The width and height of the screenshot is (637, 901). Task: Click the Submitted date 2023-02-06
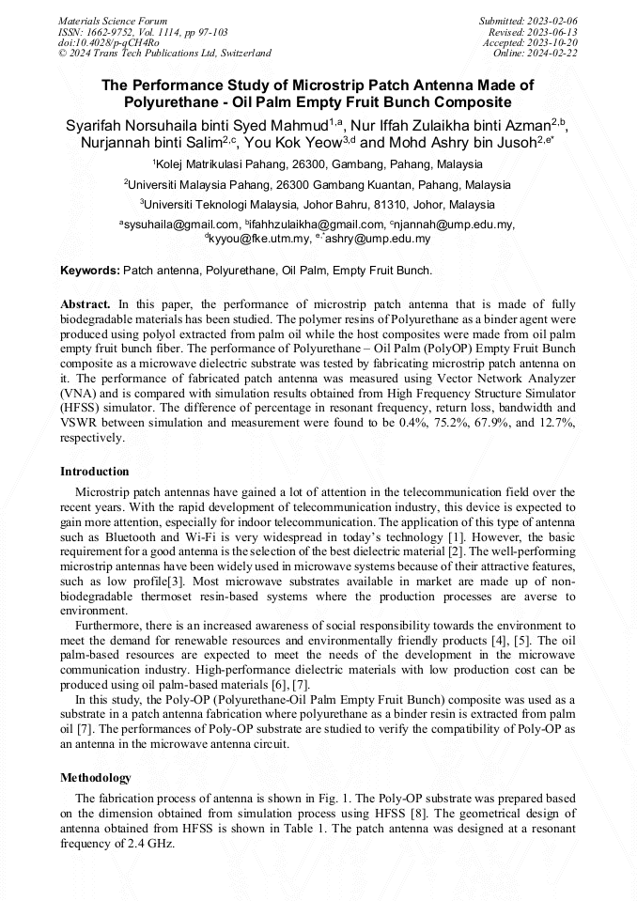pos(552,21)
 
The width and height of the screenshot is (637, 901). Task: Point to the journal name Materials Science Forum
pos(113,21)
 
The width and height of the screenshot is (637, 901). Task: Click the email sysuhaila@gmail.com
pos(180,225)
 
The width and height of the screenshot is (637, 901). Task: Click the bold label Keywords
pos(90,271)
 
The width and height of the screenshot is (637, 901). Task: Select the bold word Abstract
pos(85,305)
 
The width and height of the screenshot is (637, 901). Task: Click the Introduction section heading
pos(95,471)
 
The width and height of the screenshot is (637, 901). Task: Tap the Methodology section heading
pos(96,778)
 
